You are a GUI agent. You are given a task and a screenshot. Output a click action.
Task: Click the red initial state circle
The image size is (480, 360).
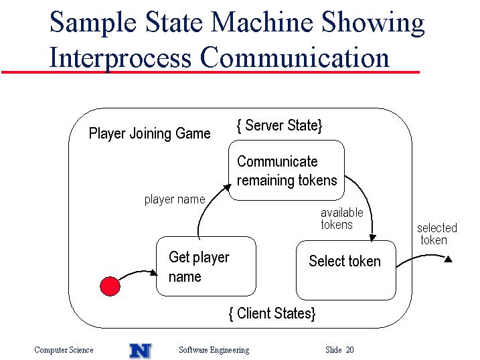click(x=110, y=286)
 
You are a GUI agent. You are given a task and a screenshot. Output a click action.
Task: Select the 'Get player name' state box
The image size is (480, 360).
click(x=206, y=266)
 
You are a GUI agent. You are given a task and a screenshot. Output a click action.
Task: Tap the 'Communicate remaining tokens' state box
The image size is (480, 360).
click(x=287, y=171)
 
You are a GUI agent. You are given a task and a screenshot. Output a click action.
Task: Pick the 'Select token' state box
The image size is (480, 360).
click(x=346, y=270)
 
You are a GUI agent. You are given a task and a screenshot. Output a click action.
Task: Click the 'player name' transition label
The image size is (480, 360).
click(x=175, y=199)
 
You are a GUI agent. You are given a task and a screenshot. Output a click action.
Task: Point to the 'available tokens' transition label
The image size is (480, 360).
click(x=342, y=218)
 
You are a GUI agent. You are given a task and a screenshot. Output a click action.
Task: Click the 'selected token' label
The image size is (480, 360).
click(x=437, y=234)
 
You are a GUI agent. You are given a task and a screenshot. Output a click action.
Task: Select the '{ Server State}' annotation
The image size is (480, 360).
click(x=279, y=125)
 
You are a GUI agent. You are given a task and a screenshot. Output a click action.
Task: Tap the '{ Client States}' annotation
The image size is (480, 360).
click(x=272, y=314)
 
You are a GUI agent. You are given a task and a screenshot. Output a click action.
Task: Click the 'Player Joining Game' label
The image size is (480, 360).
click(x=150, y=134)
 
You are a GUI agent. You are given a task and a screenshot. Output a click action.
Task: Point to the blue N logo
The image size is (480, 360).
click(x=141, y=351)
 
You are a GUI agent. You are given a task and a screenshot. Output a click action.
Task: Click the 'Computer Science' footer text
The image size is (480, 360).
click(x=64, y=350)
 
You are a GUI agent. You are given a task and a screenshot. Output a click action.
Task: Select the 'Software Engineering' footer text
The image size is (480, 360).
click(x=214, y=350)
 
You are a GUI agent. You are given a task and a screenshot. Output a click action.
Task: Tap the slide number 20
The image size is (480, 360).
click(x=350, y=349)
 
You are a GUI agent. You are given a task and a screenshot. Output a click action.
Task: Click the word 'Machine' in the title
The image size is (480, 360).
click(x=262, y=22)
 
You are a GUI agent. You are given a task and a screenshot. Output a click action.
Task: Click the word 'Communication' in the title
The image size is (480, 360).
click(x=295, y=57)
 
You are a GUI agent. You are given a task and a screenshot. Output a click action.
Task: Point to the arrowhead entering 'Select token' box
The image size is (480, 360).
click(x=372, y=238)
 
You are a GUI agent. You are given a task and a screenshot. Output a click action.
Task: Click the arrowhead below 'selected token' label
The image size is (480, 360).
click(x=448, y=259)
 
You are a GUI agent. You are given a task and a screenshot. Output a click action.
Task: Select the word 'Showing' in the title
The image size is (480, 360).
click(x=373, y=23)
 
